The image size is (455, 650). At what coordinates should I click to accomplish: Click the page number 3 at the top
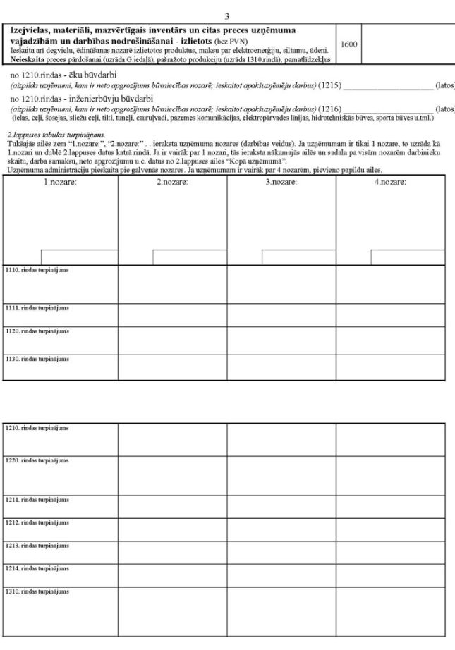(x=226, y=16)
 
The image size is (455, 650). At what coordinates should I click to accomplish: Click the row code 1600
(x=349, y=44)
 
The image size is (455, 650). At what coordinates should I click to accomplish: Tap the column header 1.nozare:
(x=60, y=182)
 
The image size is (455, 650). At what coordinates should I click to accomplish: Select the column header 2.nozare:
(x=171, y=182)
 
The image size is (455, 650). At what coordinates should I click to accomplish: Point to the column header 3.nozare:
(x=281, y=182)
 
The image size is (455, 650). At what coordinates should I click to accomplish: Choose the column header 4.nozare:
(x=390, y=182)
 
